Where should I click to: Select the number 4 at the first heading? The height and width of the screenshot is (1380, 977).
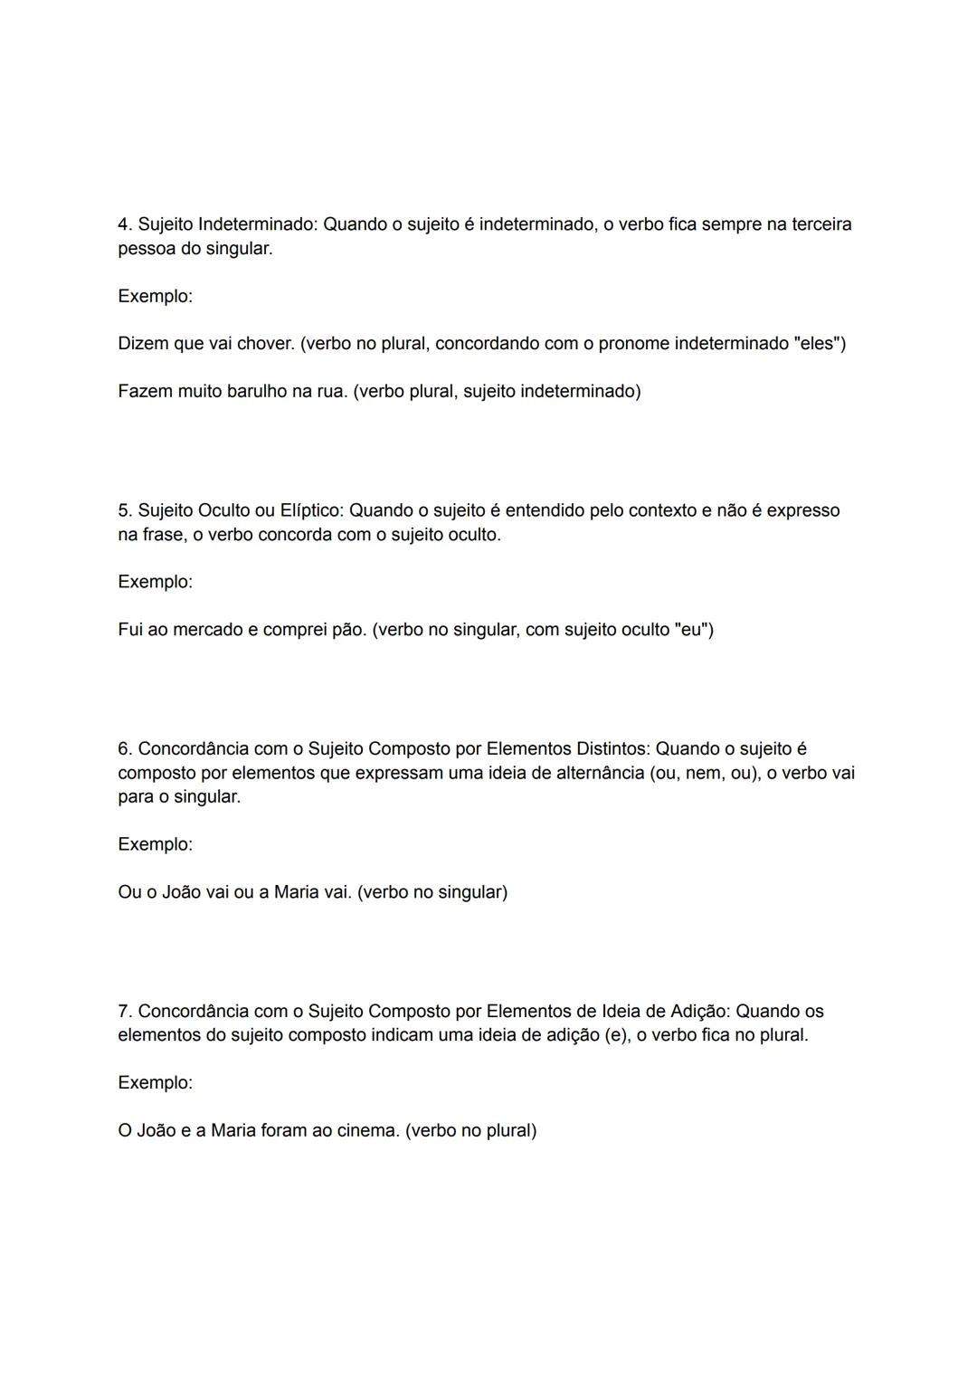(124, 224)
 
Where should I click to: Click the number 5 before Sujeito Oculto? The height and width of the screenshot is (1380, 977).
(124, 510)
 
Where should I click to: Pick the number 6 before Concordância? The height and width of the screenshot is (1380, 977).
(124, 749)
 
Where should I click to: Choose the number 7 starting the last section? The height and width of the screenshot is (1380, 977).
(124, 1012)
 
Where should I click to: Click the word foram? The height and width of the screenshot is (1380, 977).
(284, 1131)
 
